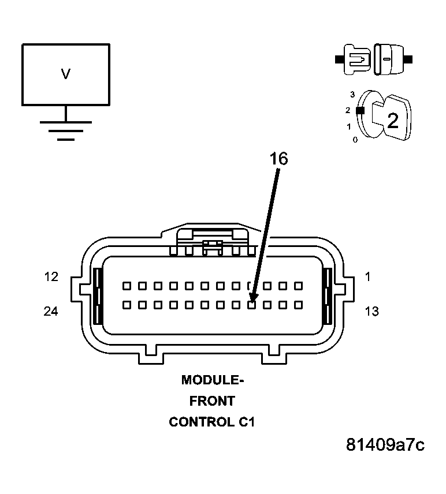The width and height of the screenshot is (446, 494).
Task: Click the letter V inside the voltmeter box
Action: coord(66,74)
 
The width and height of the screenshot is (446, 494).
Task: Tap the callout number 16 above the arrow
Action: coord(278,159)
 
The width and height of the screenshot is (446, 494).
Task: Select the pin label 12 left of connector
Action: coord(51,277)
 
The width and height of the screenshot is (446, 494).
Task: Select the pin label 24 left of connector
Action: coord(51,312)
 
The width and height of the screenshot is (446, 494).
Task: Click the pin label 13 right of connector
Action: coord(371,312)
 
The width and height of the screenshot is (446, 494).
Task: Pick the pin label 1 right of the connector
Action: coord(368,277)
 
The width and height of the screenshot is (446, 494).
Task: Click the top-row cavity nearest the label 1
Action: coord(299,286)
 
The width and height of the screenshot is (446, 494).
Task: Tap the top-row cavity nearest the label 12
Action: coord(126,286)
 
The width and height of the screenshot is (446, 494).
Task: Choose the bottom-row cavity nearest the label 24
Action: coord(126,304)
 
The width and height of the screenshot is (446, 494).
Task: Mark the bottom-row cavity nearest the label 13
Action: coord(299,304)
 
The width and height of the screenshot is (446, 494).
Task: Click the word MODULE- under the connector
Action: coord(213,380)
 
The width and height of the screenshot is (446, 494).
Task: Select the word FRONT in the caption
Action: coord(212,401)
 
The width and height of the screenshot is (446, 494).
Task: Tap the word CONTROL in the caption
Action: coord(200,422)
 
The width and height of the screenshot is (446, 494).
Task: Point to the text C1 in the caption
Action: coord(246,422)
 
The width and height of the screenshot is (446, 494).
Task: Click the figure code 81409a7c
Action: coord(385,445)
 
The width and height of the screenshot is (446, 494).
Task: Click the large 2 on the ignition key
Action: coord(392,121)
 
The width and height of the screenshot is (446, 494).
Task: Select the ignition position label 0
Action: coord(355,140)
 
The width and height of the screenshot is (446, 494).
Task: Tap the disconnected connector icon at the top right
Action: coord(374,59)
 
